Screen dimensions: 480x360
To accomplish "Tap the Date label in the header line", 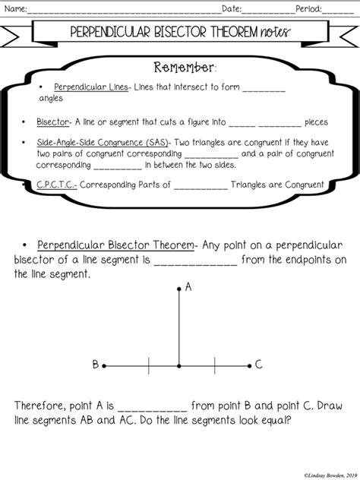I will [231, 9].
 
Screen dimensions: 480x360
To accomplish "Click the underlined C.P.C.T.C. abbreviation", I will [55, 184].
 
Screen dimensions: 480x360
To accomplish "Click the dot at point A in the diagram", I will [179, 289].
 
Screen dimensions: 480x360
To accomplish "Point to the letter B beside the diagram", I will [96, 365].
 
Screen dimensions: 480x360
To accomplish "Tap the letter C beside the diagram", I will [259, 365].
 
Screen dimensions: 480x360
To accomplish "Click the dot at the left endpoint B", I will [105, 365].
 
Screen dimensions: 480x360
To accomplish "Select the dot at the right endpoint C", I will [250, 365].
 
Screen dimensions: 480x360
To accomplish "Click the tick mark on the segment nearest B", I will [149, 365].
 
